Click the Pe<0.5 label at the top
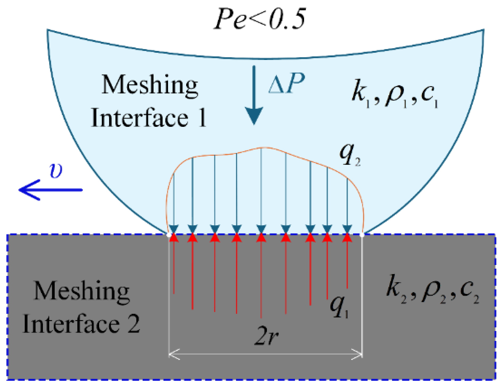(x=260, y=19)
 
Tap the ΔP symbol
(x=286, y=84)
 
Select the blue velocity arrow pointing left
(x=50, y=190)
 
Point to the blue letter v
(x=56, y=171)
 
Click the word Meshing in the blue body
(x=150, y=85)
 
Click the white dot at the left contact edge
(x=168, y=235)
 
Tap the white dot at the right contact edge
(x=362, y=235)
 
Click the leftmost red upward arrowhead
(x=174, y=238)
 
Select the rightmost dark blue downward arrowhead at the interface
(x=347, y=229)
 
